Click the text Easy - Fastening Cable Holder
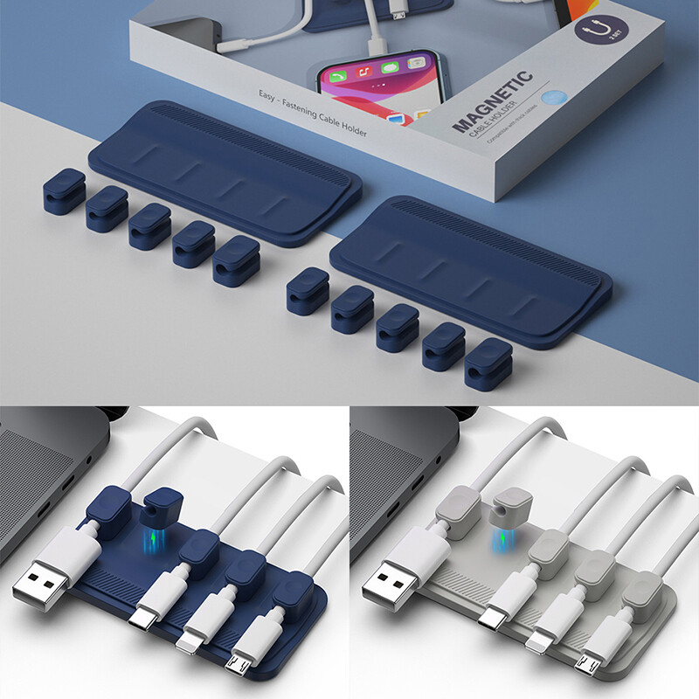click(311, 113)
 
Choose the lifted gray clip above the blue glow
click(512, 504)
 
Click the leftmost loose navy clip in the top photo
click(64, 191)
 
